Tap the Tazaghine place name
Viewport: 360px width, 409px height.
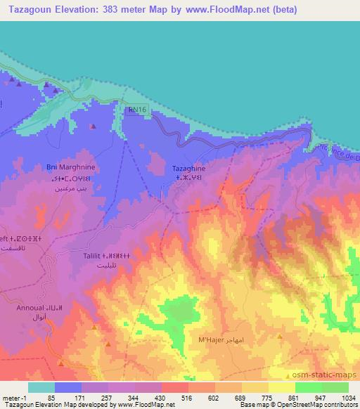(189, 169)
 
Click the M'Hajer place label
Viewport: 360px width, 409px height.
(210, 340)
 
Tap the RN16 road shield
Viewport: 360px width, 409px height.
(138, 110)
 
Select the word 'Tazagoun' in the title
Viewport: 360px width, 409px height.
(30, 10)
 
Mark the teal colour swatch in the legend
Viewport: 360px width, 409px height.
(41, 387)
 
